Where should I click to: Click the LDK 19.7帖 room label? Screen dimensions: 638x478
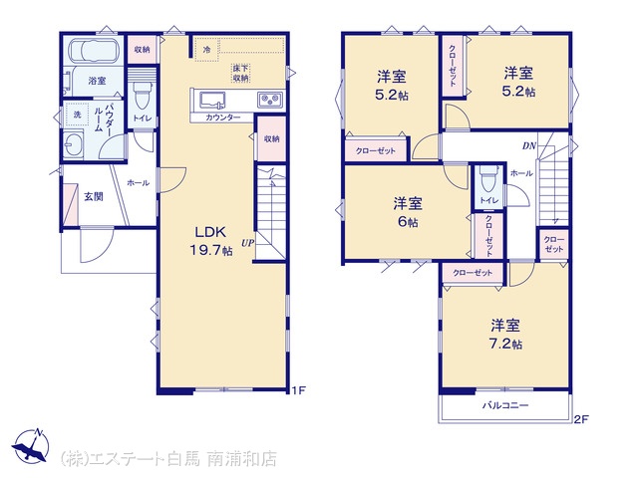click(211, 241)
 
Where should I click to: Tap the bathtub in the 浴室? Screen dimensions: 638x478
click(95, 51)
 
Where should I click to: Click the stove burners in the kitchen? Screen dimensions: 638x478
click(269, 100)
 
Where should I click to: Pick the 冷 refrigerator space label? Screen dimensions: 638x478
click(207, 50)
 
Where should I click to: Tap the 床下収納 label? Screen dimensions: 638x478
click(240, 73)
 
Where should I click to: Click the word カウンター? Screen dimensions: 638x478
click(223, 118)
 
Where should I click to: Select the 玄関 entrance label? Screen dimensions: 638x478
click(94, 197)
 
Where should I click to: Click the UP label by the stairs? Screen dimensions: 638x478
click(247, 243)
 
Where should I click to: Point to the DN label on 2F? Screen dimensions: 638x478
click(529, 146)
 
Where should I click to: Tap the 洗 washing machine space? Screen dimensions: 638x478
click(77, 115)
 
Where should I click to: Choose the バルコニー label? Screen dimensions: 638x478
click(505, 405)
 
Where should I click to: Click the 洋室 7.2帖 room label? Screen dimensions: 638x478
click(505, 335)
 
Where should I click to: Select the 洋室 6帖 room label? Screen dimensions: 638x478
click(408, 212)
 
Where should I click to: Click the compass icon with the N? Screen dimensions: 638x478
click(31, 445)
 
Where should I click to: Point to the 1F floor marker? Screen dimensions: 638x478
click(298, 390)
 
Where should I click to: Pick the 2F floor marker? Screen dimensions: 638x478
click(581, 419)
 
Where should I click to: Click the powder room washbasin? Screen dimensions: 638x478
click(73, 145)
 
